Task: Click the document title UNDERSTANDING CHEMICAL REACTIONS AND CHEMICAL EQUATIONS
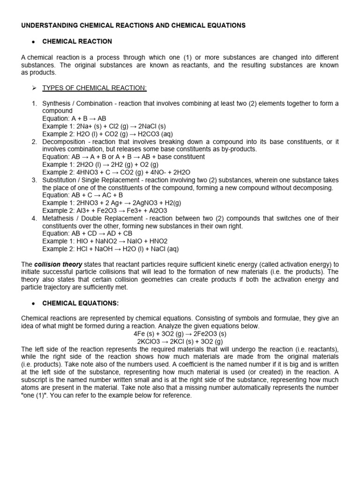coord(133,26)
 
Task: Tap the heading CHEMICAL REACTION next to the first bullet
coord(77,42)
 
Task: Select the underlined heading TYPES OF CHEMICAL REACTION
coord(95,88)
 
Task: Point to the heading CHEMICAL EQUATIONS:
coord(79,303)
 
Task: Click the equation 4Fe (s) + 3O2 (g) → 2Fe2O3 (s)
coord(180,334)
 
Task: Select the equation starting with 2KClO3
coord(180,341)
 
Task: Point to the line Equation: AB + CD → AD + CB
coord(87,233)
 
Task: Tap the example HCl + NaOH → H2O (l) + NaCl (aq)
coord(111,249)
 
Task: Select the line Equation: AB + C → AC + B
coord(82,195)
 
